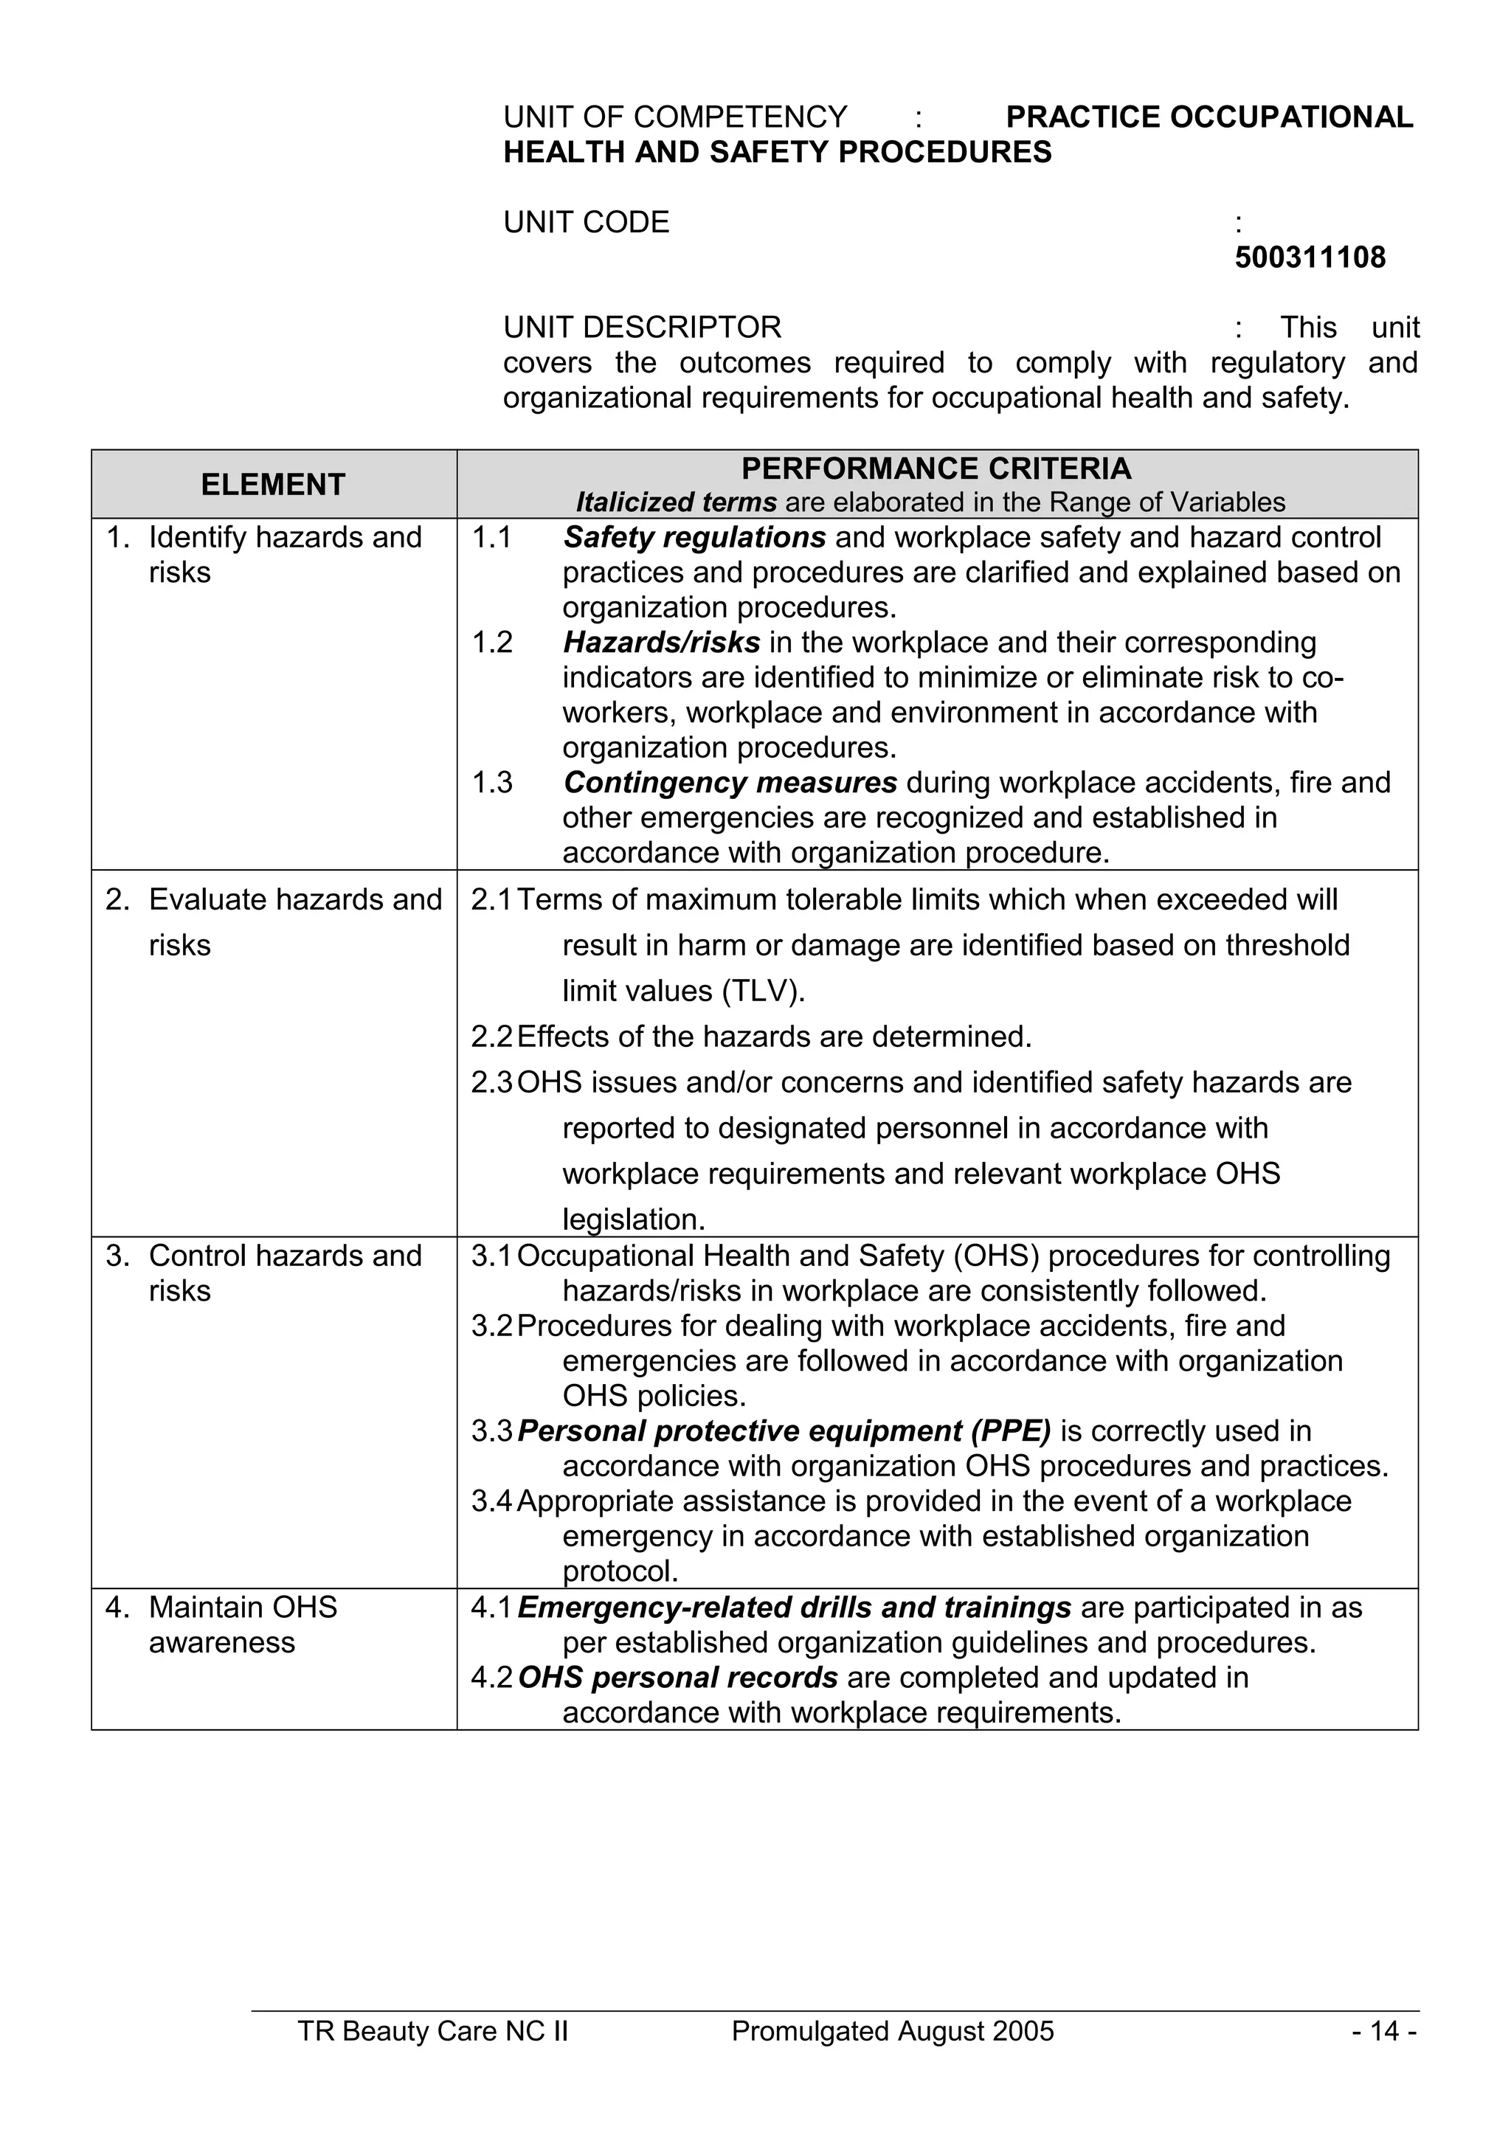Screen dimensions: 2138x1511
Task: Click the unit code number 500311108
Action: [x=1309, y=257]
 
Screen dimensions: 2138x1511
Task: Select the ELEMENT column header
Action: [x=273, y=484]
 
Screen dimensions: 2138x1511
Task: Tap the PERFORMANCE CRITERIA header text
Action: [x=936, y=468]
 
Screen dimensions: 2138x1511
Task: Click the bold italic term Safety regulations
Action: [x=694, y=537]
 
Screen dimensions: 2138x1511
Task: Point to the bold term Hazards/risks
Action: [x=661, y=643]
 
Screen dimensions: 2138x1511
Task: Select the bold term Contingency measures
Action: [x=730, y=782]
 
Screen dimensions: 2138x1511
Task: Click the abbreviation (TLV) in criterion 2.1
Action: [x=762, y=991]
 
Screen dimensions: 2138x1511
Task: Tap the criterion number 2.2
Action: [x=491, y=1037]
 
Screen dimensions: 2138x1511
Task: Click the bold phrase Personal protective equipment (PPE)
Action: [x=784, y=1430]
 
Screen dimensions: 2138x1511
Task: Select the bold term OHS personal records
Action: [x=678, y=1677]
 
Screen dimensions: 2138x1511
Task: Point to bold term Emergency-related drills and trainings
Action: [x=794, y=1608]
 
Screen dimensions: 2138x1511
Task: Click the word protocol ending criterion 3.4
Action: [x=620, y=1572]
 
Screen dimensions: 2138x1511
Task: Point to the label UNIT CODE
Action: [x=587, y=223]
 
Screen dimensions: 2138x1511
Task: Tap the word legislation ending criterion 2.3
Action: [x=634, y=1219]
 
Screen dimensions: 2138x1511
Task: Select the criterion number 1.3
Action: [x=491, y=782]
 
